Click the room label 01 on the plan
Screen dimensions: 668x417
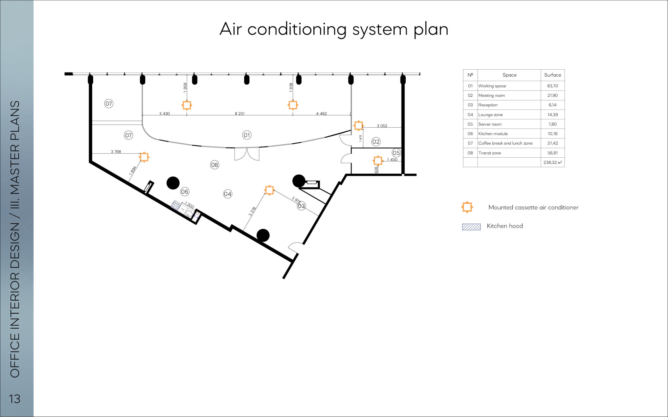click(247, 135)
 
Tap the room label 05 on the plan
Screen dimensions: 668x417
click(396, 153)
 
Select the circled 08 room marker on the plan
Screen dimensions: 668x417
click(214, 165)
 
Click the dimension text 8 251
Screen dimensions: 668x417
click(240, 113)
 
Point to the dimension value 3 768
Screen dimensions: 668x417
click(116, 151)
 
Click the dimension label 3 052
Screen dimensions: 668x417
click(382, 126)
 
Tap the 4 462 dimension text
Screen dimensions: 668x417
click(321, 113)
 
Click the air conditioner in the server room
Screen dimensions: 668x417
click(378, 161)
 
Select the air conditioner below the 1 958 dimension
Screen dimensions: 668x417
click(187, 105)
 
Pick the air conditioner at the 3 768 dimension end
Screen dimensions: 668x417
click(144, 157)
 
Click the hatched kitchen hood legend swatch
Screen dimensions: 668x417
click(472, 227)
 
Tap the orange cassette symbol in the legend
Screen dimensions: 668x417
click(467, 207)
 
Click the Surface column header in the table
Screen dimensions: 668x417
click(553, 75)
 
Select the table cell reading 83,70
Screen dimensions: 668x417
click(553, 86)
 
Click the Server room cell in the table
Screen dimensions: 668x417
click(490, 124)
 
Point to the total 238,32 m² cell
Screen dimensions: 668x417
click(553, 162)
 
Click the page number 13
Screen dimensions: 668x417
click(15, 399)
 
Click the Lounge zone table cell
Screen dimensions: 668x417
click(491, 115)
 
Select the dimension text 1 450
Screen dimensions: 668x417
click(392, 160)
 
